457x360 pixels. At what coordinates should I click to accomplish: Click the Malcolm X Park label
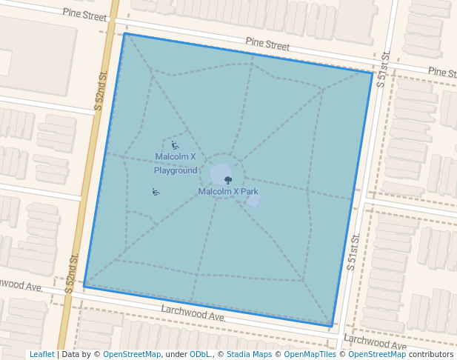228,191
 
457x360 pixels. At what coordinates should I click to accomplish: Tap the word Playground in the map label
176,170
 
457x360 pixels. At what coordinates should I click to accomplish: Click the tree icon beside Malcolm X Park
228,180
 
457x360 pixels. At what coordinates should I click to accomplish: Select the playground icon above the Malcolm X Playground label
175,146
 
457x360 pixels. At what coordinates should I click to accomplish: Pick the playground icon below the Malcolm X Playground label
156,193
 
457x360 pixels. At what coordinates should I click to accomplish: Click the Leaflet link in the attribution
41,354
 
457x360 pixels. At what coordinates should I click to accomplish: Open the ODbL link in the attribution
200,354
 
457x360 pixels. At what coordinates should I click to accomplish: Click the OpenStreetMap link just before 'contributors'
376,354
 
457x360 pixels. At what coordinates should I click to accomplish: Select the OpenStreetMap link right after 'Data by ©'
131,354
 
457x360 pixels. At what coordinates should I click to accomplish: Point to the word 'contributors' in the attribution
430,354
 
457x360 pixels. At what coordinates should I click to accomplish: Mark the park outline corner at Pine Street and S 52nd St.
124,33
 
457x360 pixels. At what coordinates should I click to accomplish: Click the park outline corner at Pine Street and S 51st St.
373,72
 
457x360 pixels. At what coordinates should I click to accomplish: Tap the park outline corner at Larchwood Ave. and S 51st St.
331,327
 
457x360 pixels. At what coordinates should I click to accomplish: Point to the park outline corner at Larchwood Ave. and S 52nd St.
84,286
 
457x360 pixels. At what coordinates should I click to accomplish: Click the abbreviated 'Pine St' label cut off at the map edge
442,72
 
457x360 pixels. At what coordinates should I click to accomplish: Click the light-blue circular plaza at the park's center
220,175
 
